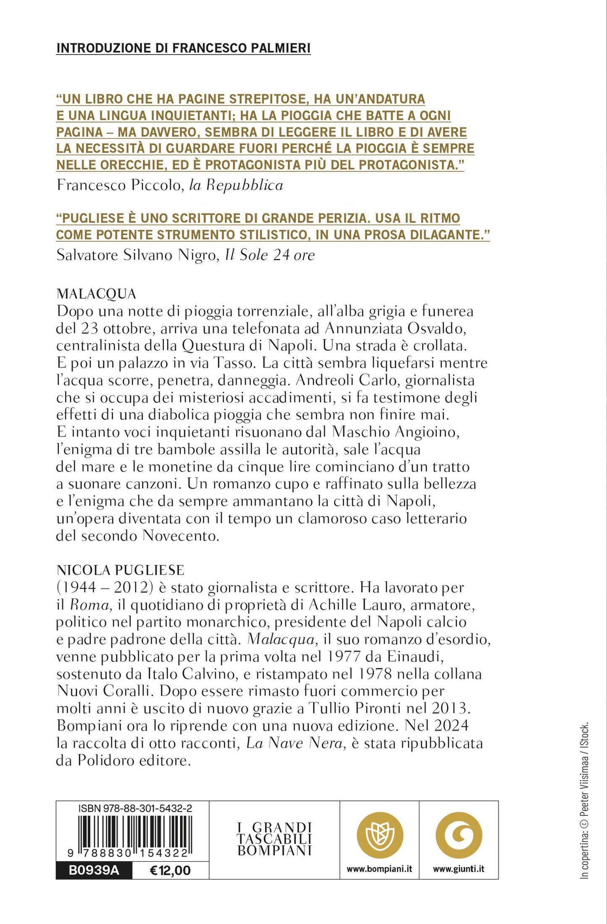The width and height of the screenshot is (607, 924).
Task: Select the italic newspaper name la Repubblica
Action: [x=236, y=185]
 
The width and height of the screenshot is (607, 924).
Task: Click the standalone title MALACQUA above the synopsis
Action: [x=96, y=294]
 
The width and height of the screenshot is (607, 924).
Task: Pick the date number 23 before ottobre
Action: [x=85, y=328]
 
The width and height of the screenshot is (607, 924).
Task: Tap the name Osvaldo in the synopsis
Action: [x=440, y=328]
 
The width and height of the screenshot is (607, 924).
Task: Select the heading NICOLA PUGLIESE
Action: [x=120, y=570]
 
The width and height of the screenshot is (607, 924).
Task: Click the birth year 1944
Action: [x=79, y=587]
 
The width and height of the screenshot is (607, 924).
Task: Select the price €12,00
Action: [x=170, y=870]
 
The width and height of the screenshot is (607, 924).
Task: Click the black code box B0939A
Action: [x=94, y=870]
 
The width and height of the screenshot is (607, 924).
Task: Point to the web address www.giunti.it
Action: [x=458, y=869]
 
